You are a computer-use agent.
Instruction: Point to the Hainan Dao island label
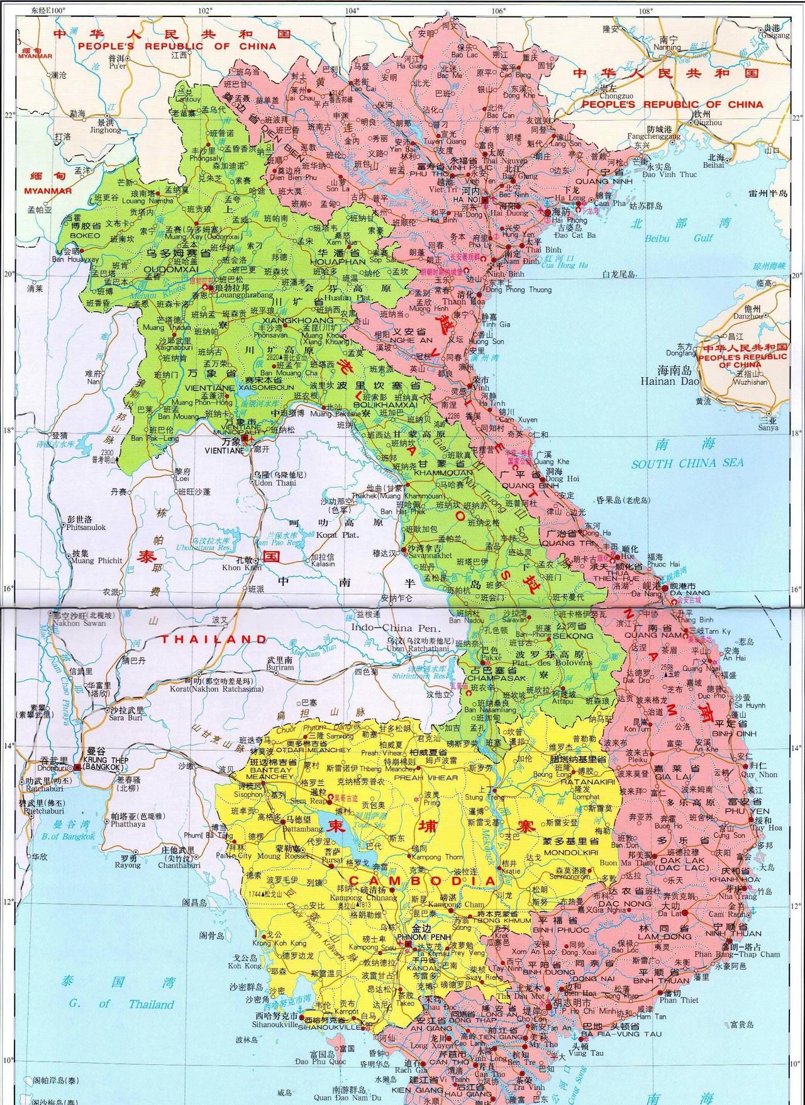click(x=669, y=380)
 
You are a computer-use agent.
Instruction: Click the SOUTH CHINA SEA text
click(x=687, y=463)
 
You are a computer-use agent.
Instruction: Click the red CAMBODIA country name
click(x=422, y=881)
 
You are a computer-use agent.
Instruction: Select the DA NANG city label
click(x=689, y=592)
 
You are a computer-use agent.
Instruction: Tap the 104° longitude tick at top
click(x=352, y=10)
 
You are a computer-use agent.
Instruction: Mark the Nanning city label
click(x=667, y=47)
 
